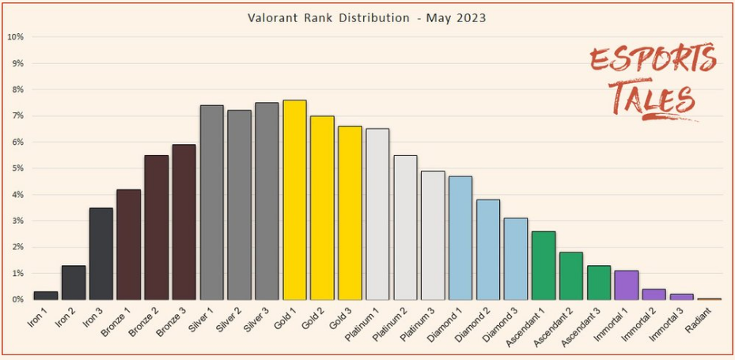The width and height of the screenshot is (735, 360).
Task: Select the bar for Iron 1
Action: click(46, 295)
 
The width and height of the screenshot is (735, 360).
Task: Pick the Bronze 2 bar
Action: click(157, 227)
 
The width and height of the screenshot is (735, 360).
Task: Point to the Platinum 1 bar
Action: click(377, 214)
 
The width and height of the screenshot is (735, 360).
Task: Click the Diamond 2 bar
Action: click(488, 249)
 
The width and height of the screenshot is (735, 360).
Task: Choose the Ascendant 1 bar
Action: click(544, 265)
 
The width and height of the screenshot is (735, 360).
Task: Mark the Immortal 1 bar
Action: click(626, 285)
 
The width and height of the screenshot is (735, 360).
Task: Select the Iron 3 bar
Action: click(101, 253)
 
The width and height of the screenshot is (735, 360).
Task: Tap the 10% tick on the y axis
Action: click(15, 37)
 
